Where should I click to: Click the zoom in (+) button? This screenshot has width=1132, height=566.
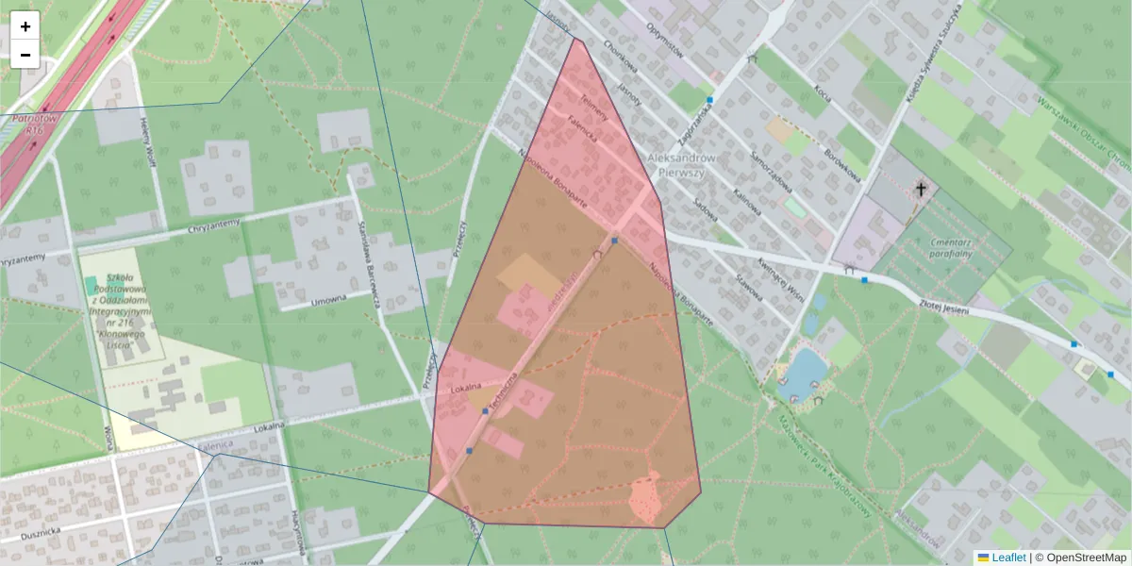tap(25, 26)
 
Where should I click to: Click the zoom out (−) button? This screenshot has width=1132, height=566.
tap(25, 55)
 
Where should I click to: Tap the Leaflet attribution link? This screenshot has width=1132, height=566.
tap(1008, 558)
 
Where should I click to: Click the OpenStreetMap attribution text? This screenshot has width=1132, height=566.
tap(1086, 558)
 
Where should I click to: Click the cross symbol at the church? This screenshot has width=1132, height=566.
tap(921, 190)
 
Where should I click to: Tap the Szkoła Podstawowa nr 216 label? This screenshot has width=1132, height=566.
tap(128, 311)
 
